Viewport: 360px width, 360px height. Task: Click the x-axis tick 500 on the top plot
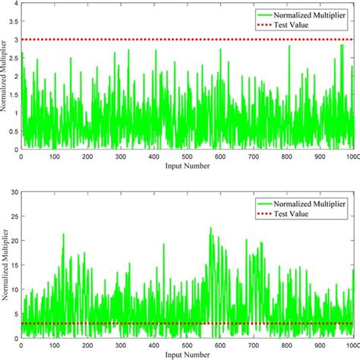(x=188, y=156)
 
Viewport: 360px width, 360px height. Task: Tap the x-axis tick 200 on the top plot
(x=87, y=156)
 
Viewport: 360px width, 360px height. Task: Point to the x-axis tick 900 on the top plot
(x=321, y=156)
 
